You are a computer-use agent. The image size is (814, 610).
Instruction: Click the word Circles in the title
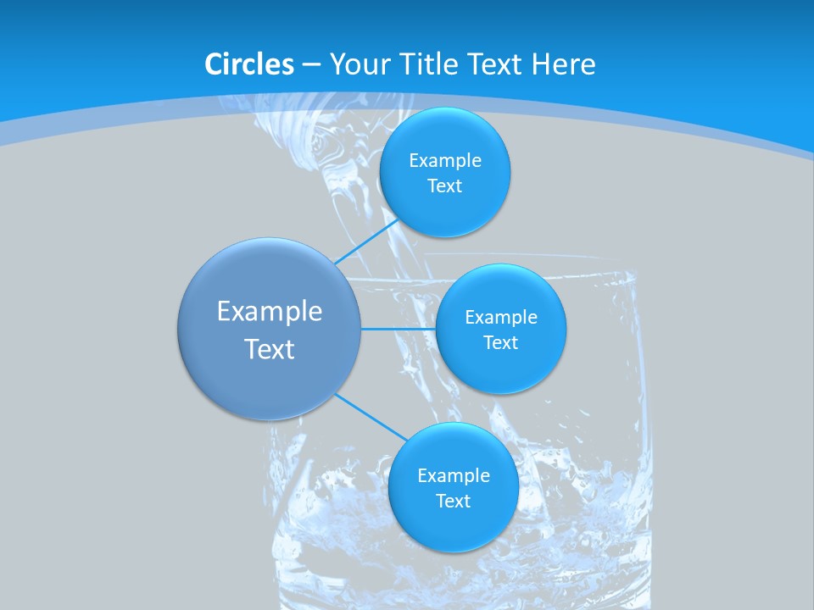pyautogui.click(x=249, y=64)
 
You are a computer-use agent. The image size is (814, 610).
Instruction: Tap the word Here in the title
pyautogui.click(x=563, y=64)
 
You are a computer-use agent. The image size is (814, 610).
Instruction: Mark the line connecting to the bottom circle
pyautogui.click(x=371, y=416)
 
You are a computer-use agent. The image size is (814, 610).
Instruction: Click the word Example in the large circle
pyautogui.click(x=270, y=312)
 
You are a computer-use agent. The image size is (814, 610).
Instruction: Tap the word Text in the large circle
pyautogui.click(x=270, y=349)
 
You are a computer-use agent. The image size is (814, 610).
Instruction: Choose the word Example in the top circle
pyautogui.click(x=445, y=161)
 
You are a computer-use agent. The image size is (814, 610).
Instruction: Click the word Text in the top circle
pyautogui.click(x=445, y=186)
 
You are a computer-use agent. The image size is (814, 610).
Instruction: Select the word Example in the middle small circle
pyautogui.click(x=501, y=318)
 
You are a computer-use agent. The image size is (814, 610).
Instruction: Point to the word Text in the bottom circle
pyautogui.click(x=454, y=502)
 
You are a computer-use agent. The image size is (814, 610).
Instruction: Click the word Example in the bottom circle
pyautogui.click(x=454, y=476)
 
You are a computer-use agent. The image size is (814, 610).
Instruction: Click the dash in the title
pyautogui.click(x=311, y=65)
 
